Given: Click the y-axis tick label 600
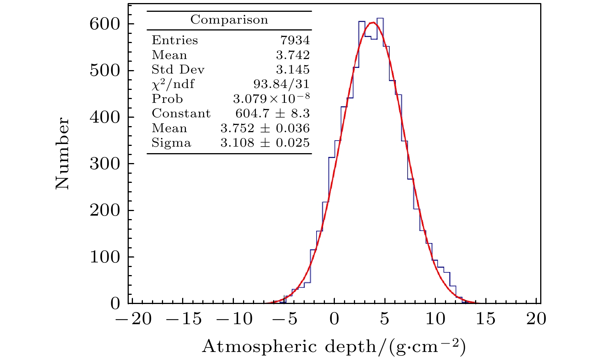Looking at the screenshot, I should (104, 24).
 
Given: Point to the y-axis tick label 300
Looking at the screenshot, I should (104, 164).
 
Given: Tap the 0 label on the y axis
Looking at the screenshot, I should (115, 304).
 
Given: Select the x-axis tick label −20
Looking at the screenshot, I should (133, 318).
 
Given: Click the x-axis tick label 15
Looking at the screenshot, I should (485, 318).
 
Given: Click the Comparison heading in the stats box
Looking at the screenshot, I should (229, 19).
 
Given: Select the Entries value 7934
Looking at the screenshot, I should (295, 40).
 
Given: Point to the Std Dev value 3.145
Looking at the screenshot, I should (293, 69).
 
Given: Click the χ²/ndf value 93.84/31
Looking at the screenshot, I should (281, 84).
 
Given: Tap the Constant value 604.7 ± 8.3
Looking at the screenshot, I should (272, 113).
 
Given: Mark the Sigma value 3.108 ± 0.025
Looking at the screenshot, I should (265, 142).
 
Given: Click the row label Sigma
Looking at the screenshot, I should (171, 143).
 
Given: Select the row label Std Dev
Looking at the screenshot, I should (178, 69).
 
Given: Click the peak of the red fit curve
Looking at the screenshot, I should (372, 22).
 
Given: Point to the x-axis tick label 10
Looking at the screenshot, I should (435, 318).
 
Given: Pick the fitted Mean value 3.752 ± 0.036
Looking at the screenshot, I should (265, 128).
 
